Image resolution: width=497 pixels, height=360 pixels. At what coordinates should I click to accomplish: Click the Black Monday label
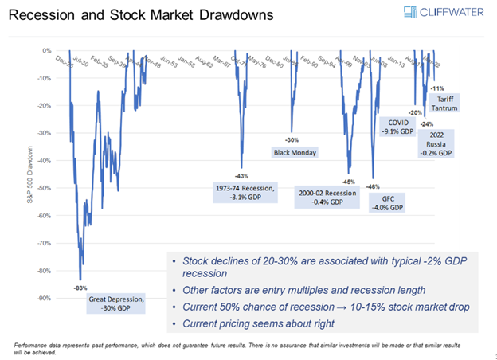(x=295, y=152)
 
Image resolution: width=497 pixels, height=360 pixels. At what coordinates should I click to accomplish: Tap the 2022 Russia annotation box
(x=436, y=143)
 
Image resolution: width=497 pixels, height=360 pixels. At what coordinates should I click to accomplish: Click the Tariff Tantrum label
(x=446, y=103)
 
